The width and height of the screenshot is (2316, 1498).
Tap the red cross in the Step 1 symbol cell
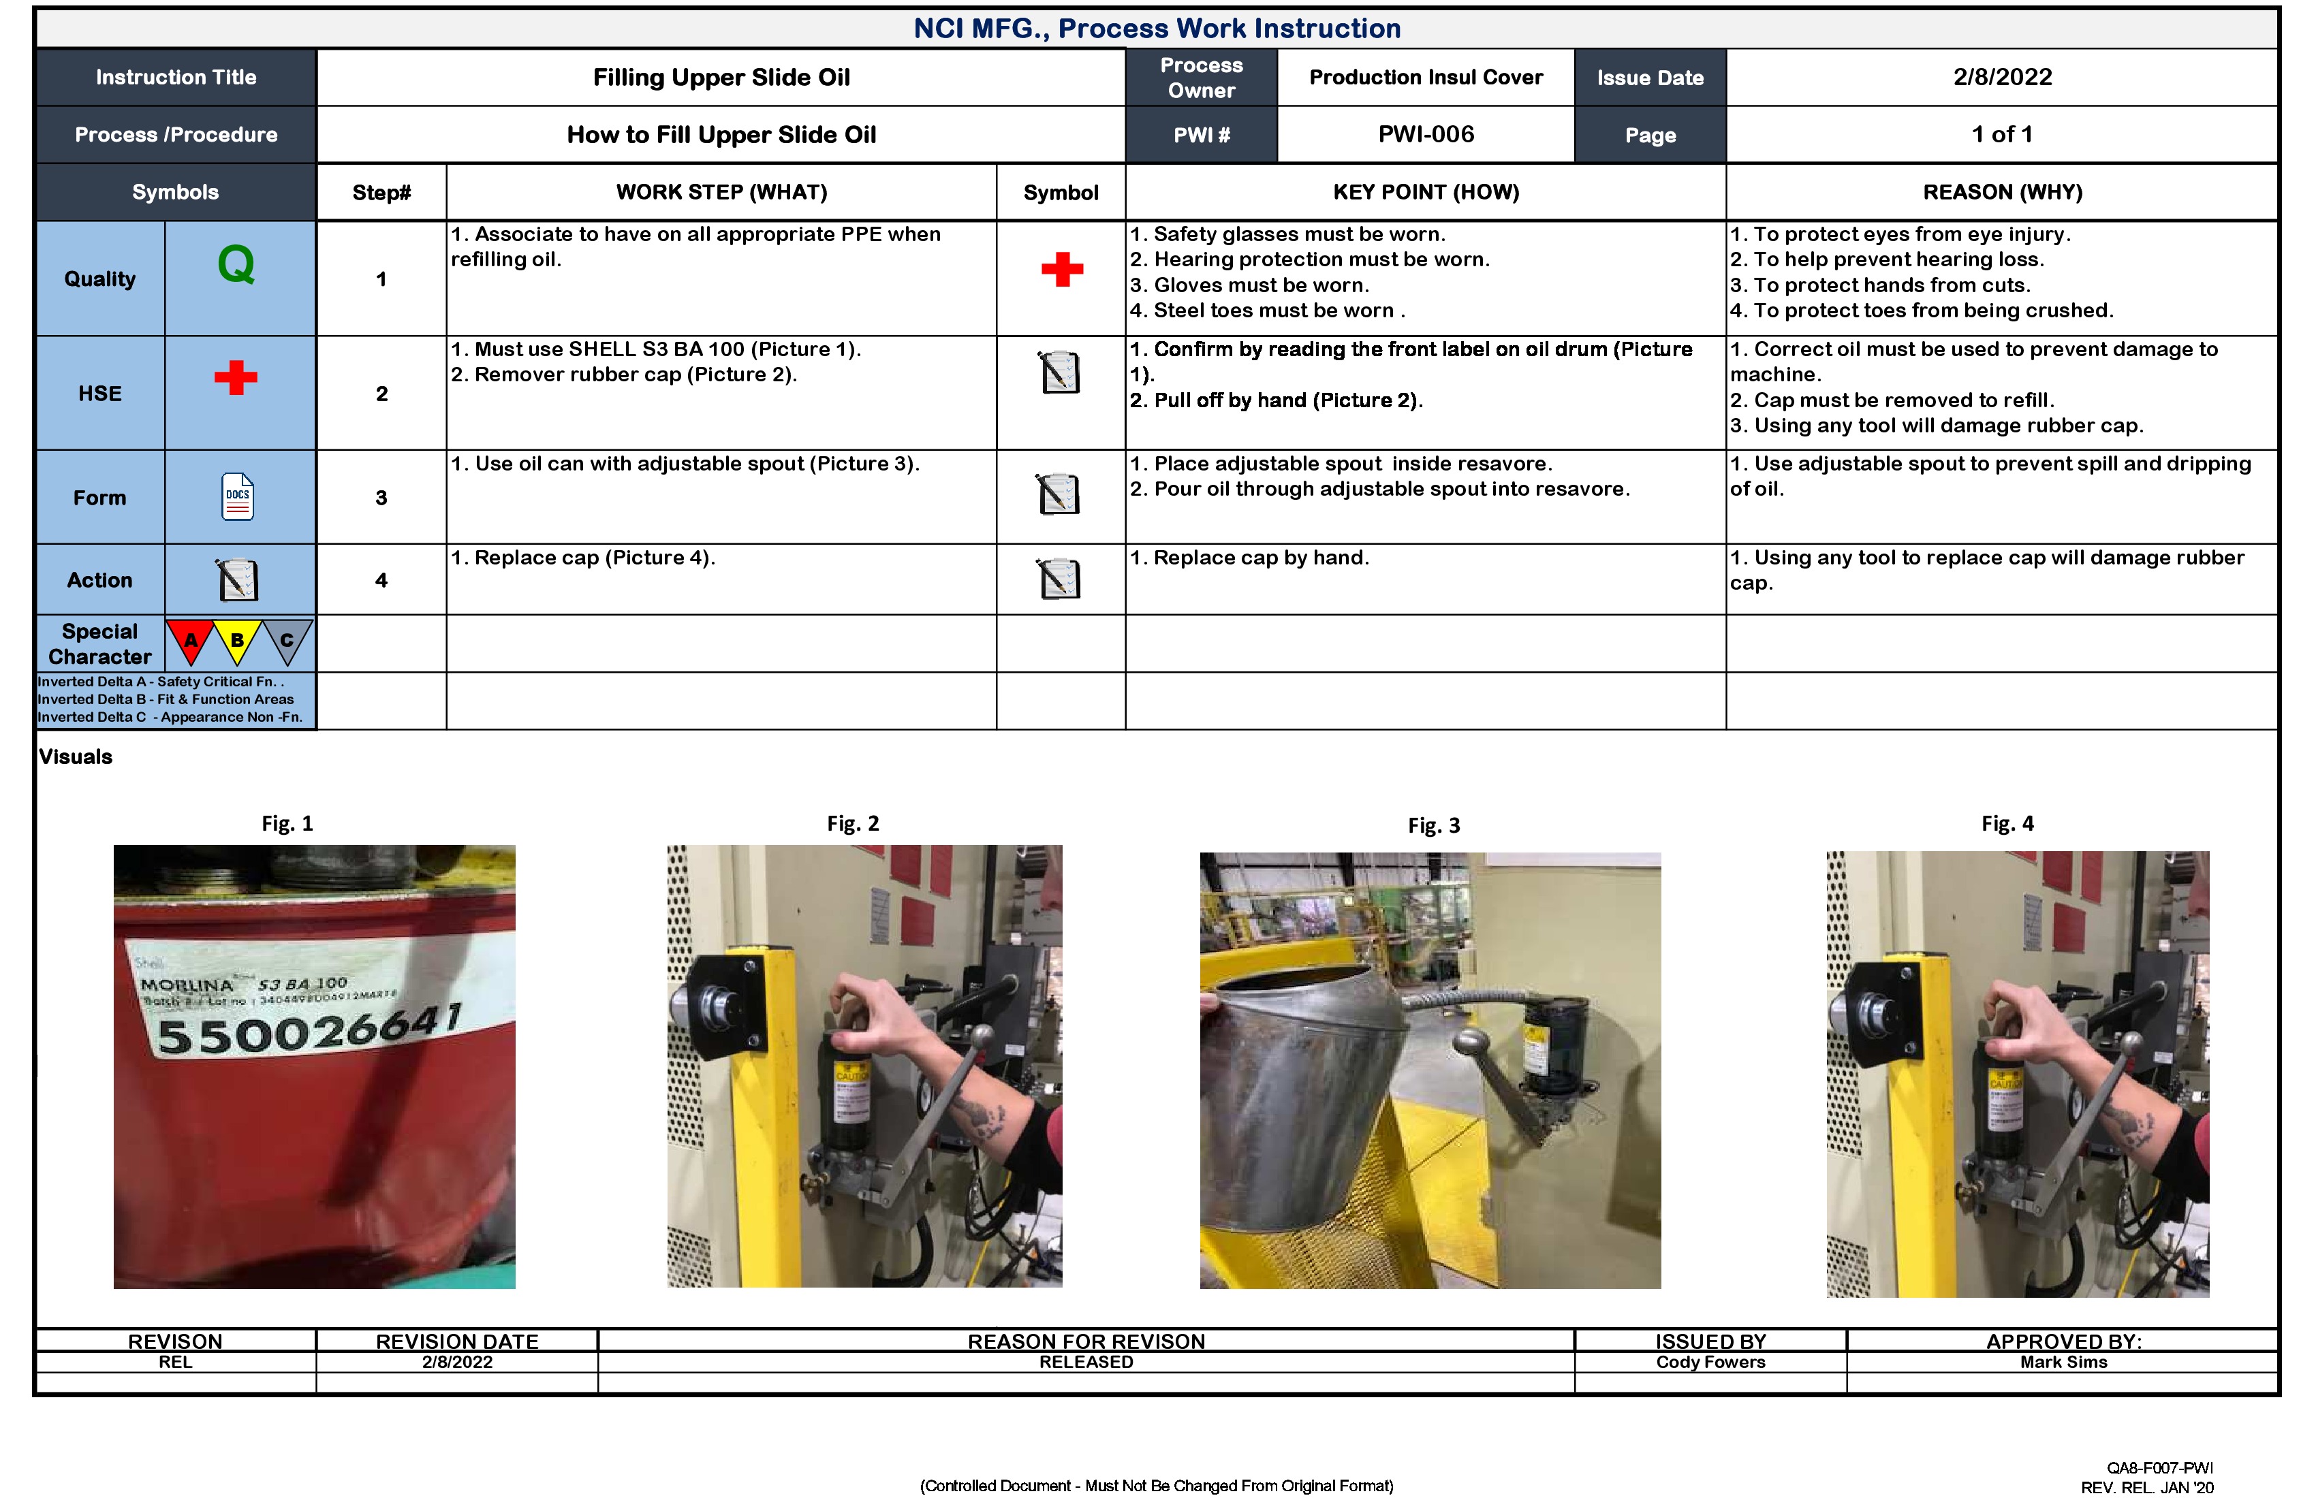pos(1062,270)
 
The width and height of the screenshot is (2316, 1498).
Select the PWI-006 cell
pos(1426,134)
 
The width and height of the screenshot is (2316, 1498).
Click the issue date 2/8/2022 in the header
pos(2002,77)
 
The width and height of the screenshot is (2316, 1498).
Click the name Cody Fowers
pos(1710,1362)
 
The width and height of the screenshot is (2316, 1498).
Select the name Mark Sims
pos(2063,1362)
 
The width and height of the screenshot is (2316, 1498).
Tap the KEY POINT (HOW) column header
pos(1426,191)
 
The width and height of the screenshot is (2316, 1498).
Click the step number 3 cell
pos(381,498)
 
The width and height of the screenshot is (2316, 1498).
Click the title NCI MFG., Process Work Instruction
pos(1157,28)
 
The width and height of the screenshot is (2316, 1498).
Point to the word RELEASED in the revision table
pos(1086,1362)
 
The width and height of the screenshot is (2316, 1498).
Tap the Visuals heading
pos(76,756)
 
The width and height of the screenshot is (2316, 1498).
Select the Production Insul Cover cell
pos(1426,77)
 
